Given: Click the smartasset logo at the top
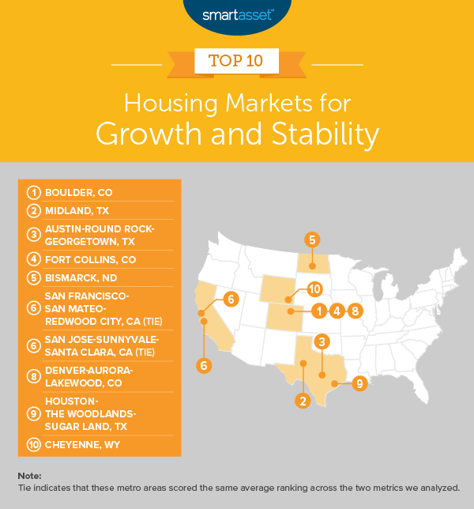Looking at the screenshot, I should coord(236,13).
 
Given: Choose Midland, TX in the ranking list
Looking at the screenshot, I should coord(80,210).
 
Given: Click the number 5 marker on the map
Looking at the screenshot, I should coord(313,239).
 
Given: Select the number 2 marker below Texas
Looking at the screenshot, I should coord(303,401).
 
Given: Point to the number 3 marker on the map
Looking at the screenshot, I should coord(322,341).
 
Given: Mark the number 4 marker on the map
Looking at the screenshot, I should coord(337,311).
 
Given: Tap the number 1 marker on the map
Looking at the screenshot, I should coord(318,311).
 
